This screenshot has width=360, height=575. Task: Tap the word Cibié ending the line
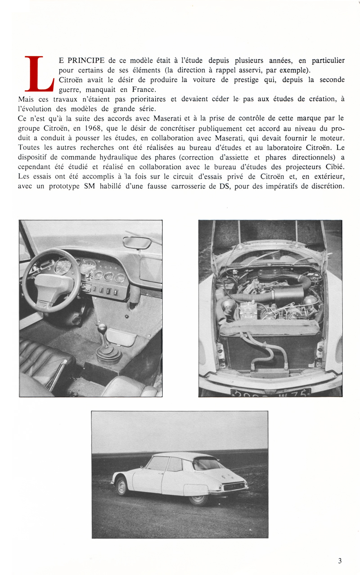(333, 166)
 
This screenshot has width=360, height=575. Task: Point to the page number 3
(340, 561)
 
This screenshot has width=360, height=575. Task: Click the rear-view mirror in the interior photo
(137, 243)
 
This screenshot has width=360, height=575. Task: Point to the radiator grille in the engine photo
(270, 351)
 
